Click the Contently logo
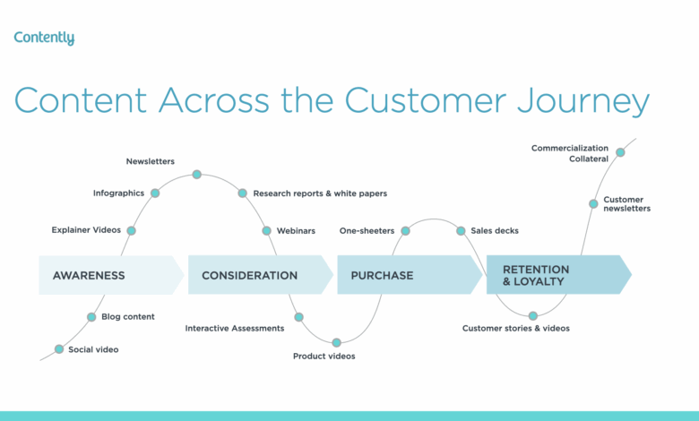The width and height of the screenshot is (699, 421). point(44,39)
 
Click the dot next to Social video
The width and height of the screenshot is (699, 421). point(59,349)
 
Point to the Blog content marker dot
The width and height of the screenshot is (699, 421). point(91,316)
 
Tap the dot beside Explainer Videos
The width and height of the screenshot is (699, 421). point(131,230)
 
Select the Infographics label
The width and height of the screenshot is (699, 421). point(119,193)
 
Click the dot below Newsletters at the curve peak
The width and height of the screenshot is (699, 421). point(197,174)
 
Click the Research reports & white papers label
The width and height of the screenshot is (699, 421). point(320,193)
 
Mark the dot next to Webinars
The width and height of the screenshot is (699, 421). point(267,230)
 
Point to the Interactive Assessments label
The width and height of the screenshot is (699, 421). point(235,328)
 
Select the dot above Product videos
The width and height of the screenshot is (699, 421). point(337,342)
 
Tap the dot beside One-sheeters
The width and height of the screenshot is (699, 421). point(405,230)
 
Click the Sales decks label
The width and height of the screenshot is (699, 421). point(495,230)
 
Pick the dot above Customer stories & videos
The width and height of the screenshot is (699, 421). point(533,315)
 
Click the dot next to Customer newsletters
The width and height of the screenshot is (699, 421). point(593,203)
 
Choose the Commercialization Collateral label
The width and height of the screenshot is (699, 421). point(570,153)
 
